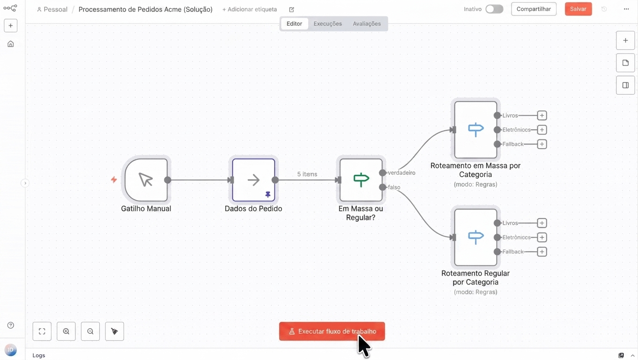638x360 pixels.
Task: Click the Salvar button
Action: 578,9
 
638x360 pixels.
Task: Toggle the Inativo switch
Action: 495,9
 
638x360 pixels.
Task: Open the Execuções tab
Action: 327,23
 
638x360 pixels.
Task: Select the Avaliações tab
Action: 367,23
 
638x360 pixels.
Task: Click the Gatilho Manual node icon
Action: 146,180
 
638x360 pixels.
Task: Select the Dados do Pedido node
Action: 253,180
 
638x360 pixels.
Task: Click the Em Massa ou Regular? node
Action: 361,180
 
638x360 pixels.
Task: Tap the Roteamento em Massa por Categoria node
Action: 475,130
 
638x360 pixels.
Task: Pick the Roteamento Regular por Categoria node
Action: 475,237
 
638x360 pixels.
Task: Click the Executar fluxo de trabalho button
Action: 332,331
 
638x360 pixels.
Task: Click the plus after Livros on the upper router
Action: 542,115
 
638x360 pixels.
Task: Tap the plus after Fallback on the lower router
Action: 542,252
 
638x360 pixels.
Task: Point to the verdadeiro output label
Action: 401,172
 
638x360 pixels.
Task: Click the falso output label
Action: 394,187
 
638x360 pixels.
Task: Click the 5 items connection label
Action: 307,174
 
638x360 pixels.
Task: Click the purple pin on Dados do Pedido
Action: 268,195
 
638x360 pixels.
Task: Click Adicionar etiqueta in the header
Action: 250,9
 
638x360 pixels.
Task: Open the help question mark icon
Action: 10,325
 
